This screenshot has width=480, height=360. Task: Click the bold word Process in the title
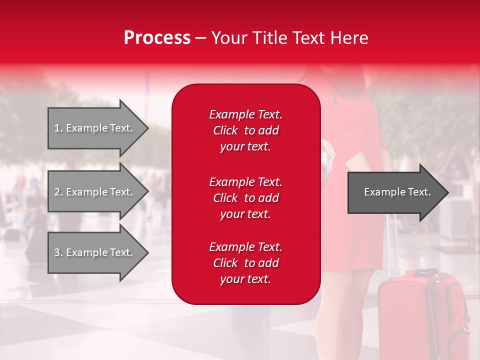coord(157,37)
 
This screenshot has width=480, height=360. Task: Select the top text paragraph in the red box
coord(245,130)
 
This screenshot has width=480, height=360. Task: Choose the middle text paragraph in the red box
coord(245,198)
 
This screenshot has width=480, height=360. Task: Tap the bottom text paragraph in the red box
coord(245,263)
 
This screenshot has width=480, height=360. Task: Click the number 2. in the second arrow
coord(58,192)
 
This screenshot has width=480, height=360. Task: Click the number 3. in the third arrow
coord(58,252)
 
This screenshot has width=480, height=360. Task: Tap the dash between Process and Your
coord(200,38)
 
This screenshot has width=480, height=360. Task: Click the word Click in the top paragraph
coord(225,130)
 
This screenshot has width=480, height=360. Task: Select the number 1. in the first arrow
coord(58,128)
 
